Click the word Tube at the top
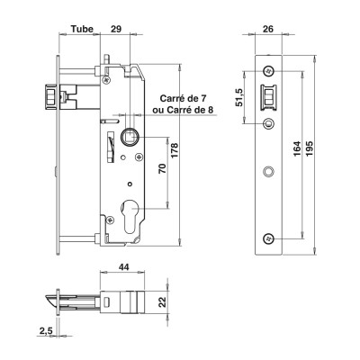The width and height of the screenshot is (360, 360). (x=82, y=29)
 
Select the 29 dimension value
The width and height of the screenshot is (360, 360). (x=116, y=29)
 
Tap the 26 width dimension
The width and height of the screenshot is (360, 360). (x=268, y=29)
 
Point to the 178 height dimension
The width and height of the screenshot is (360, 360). (x=175, y=150)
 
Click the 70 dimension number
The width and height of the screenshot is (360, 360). (x=162, y=168)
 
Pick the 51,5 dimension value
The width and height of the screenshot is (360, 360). (x=239, y=98)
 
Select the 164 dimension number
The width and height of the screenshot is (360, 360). (x=297, y=148)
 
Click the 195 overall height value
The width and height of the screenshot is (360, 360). (x=310, y=148)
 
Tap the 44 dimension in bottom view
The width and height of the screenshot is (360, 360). (x=124, y=266)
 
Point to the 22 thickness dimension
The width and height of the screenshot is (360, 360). (x=162, y=301)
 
